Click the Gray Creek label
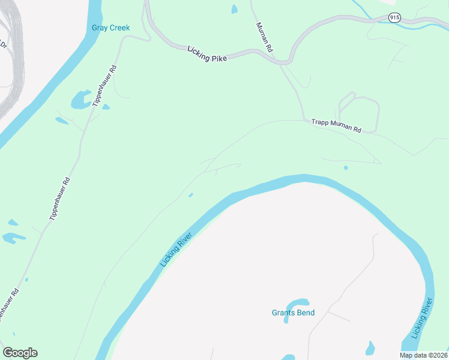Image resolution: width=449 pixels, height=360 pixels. pyautogui.click(x=110, y=28)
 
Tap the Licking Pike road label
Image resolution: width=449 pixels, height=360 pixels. pyautogui.click(x=207, y=53)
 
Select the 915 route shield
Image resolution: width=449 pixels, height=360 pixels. pyautogui.click(x=394, y=18)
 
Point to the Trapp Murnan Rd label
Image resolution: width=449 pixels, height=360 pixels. pyautogui.click(x=336, y=125)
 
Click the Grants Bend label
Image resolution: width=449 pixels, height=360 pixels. pyautogui.click(x=293, y=313)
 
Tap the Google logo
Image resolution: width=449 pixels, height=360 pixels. pyautogui.click(x=20, y=353)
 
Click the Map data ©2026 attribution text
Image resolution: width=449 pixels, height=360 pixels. pyautogui.click(x=424, y=355)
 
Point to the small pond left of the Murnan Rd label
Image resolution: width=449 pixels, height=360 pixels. pyautogui.click(x=234, y=9)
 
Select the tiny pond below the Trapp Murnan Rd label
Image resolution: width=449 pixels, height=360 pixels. pyautogui.click(x=345, y=168)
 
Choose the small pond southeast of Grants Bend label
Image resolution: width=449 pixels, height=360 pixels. pyautogui.click(x=370, y=347)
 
